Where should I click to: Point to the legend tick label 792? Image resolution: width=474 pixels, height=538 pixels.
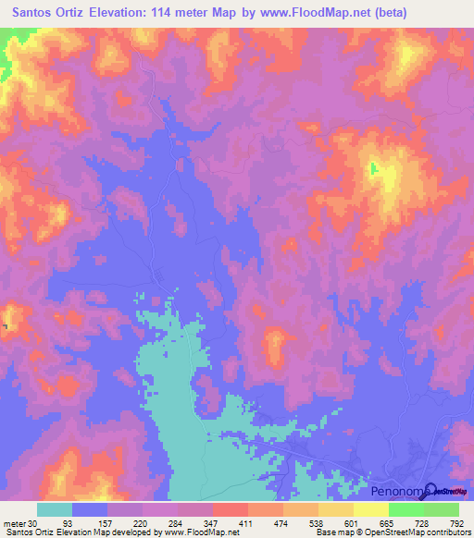pos(455,522)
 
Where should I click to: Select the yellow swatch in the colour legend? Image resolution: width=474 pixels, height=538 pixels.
pos(370,509)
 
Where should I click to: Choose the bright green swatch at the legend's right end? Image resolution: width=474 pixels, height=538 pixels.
pos(441,509)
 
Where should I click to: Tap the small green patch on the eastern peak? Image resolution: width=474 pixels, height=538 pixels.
pos(374,169)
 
